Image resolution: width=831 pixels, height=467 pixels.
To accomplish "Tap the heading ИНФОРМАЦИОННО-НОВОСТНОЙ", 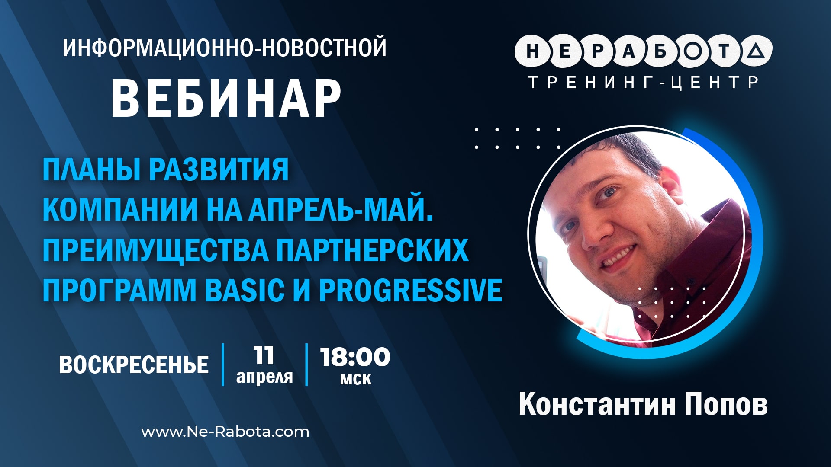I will pos(225,48).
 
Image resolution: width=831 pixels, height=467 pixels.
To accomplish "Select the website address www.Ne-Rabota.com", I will pos(225,432).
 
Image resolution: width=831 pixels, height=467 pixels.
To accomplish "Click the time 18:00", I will pos(355,357).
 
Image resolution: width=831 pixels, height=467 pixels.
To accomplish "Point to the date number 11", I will pos(264,355).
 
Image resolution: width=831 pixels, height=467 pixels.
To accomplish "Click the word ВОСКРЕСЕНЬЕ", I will pos(134,365).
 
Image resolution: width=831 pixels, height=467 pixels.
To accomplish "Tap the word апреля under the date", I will pos(264,377).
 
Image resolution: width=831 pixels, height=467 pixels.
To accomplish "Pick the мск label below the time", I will pos(355,379).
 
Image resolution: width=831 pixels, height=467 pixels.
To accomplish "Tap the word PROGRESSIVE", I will pos(410,290).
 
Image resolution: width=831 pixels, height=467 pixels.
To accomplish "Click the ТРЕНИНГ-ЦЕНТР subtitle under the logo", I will pos(644,82).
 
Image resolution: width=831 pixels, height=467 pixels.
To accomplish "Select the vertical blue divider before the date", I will pos(223,365).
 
